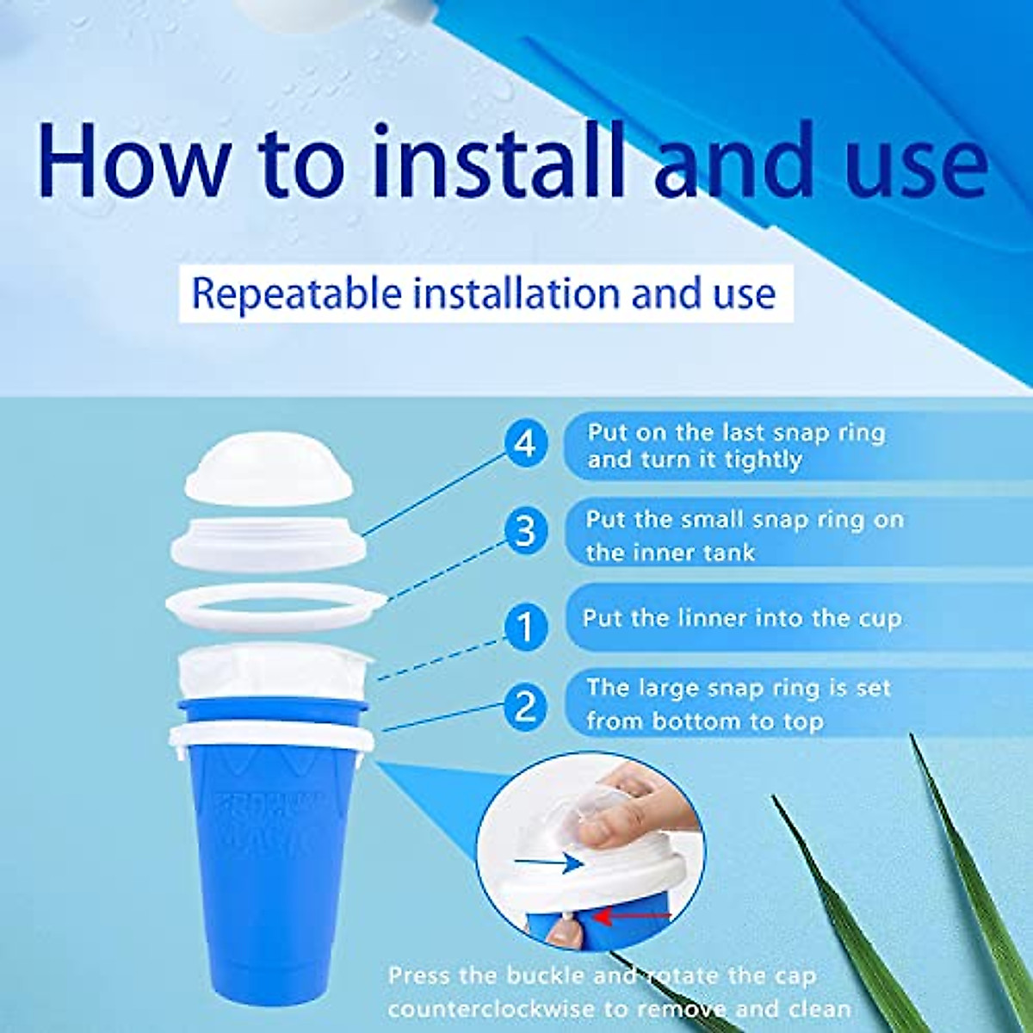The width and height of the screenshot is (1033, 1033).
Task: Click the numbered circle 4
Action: pyautogui.click(x=525, y=445)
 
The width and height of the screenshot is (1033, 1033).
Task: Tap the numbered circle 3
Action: pyautogui.click(x=525, y=531)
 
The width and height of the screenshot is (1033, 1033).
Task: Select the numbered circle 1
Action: pyautogui.click(x=525, y=627)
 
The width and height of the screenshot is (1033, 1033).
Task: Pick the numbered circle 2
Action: pyautogui.click(x=525, y=708)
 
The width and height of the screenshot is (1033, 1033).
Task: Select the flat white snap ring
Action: pyautogui.click(x=274, y=609)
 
